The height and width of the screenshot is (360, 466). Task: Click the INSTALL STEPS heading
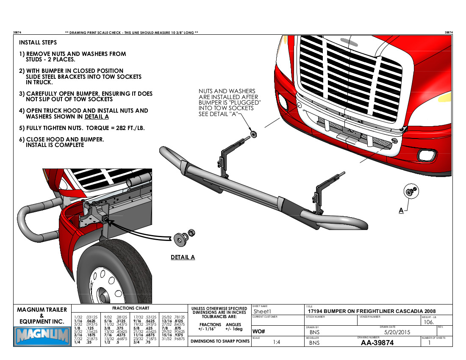click(38, 43)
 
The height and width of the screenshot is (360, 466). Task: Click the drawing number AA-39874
click(377, 343)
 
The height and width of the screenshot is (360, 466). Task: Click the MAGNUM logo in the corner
click(42, 337)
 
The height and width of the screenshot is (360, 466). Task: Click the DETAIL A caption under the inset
click(183, 257)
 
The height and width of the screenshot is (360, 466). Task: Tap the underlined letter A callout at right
click(401, 210)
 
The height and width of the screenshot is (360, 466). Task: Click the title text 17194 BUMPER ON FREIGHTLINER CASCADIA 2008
click(372, 311)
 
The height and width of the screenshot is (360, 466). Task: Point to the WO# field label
click(259, 331)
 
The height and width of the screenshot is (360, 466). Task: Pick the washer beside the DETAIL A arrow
click(180, 238)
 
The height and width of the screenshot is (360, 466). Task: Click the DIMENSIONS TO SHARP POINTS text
click(219, 341)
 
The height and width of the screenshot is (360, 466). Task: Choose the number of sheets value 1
click(430, 343)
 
